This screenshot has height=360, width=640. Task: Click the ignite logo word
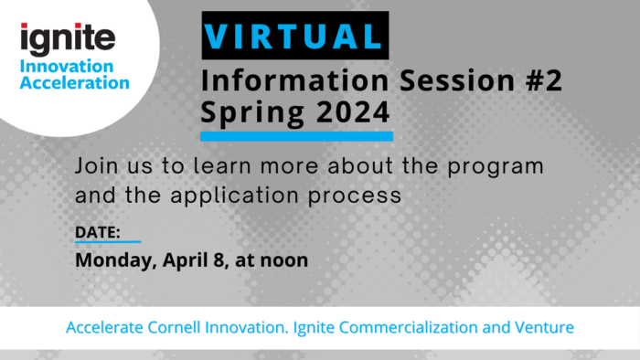coord(69,37)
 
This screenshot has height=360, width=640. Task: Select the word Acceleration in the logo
coord(75,82)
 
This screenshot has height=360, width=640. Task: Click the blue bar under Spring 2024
coord(296,137)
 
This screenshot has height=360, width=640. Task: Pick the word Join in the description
coord(96,169)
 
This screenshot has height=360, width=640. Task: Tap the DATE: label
coord(97,233)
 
